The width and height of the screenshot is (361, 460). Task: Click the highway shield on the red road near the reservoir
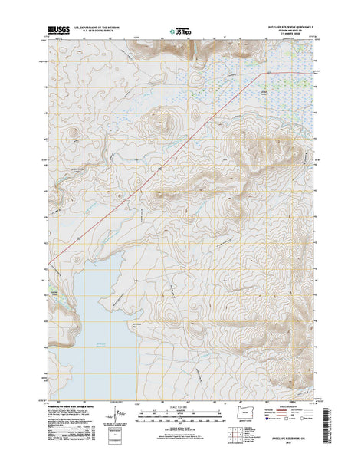[78, 240]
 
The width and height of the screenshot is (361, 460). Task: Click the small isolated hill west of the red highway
[74, 136]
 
